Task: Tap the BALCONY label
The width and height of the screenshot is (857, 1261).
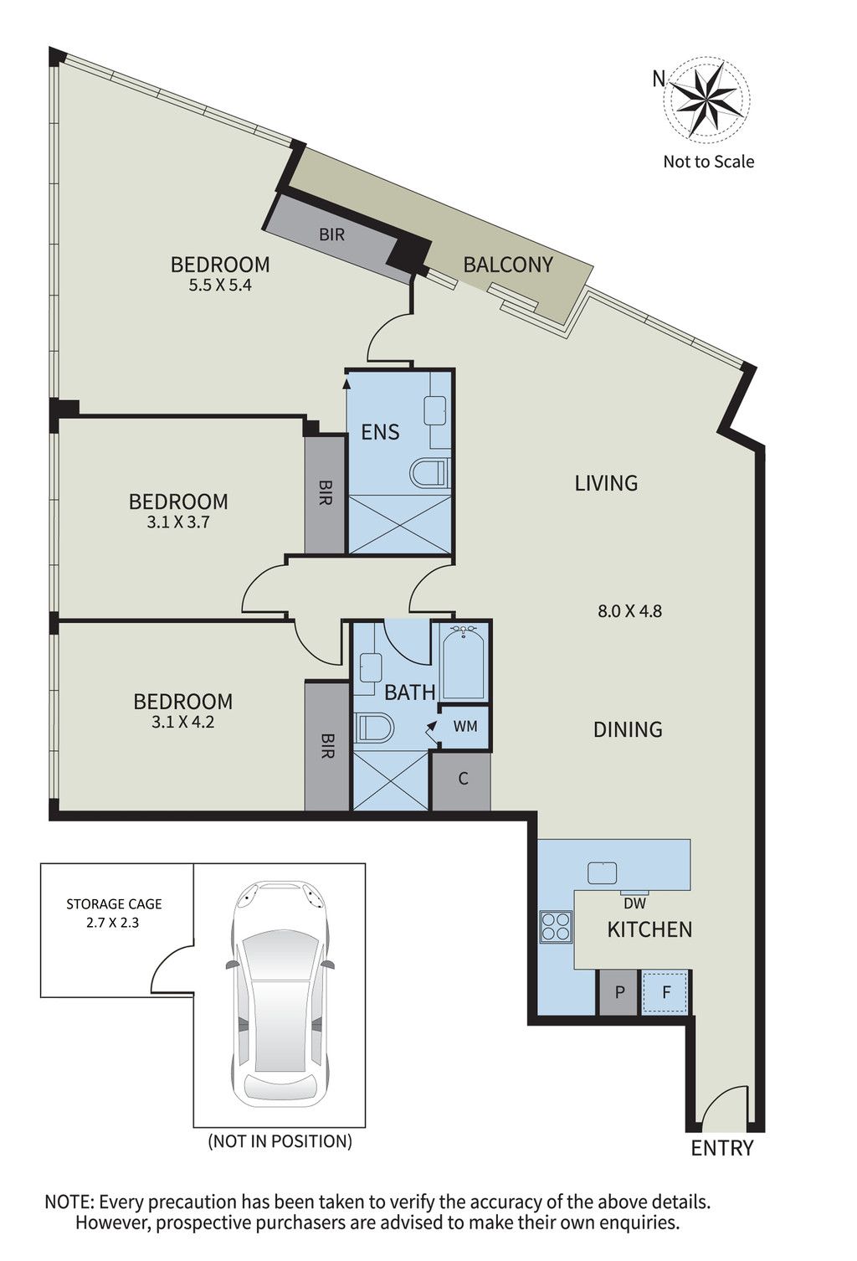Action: [507, 264]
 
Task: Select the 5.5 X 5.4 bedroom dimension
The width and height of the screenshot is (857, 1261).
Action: [220, 285]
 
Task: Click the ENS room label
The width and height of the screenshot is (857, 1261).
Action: [381, 432]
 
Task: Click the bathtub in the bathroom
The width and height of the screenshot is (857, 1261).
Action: [463, 662]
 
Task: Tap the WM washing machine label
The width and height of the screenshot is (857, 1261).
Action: [465, 726]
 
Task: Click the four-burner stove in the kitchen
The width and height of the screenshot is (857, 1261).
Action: [556, 926]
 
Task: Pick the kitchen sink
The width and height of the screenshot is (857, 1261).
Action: [602, 873]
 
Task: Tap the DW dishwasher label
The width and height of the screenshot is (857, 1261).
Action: [634, 903]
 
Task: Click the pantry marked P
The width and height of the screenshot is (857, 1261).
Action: [618, 992]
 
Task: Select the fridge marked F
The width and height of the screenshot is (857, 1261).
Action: [665, 992]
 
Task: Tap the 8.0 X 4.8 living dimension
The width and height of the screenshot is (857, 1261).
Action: [629, 610]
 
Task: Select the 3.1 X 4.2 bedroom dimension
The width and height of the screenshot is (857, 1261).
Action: [183, 722]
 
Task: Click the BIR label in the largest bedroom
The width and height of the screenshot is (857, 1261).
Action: [331, 234]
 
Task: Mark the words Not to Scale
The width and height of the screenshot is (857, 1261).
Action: [708, 162]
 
